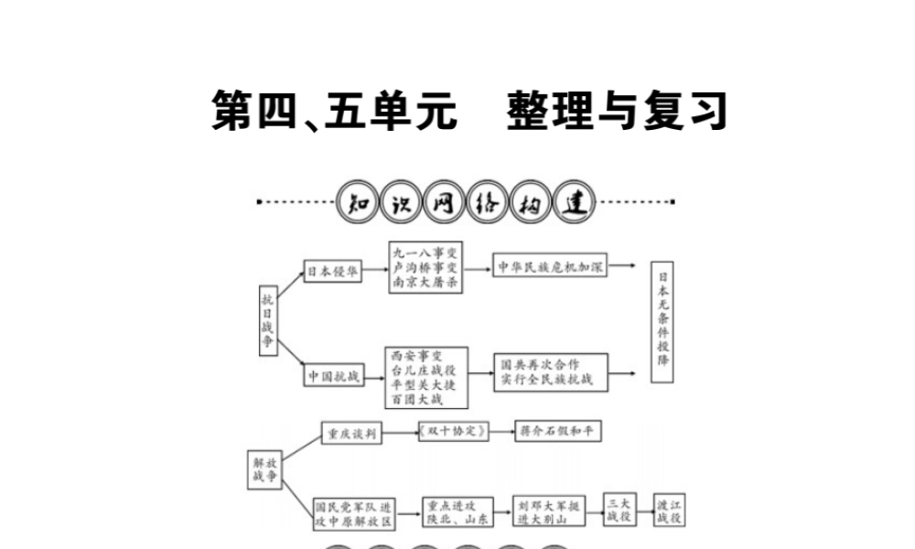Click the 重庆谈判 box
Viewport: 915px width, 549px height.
(x=352, y=433)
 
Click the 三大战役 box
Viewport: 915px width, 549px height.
(x=619, y=511)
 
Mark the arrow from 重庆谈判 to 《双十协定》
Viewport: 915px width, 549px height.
(x=403, y=433)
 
